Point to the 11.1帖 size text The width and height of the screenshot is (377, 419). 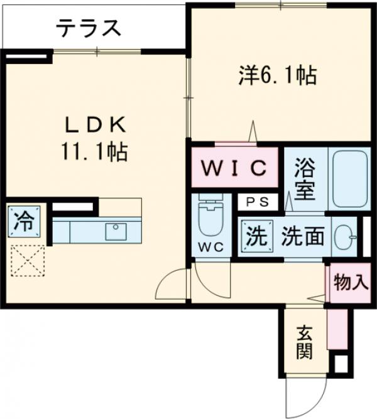[x=96, y=151]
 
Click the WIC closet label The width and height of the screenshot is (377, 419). [x=234, y=168]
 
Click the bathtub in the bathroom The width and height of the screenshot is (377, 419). [x=351, y=179]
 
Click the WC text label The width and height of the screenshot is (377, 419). [x=212, y=247]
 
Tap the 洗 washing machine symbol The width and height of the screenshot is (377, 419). [x=255, y=236]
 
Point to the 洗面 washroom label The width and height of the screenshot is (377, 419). [x=303, y=236]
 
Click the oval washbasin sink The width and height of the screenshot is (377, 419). [x=344, y=237]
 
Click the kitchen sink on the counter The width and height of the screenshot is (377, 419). [x=116, y=231]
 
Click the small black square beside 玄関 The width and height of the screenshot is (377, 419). [x=340, y=364]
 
